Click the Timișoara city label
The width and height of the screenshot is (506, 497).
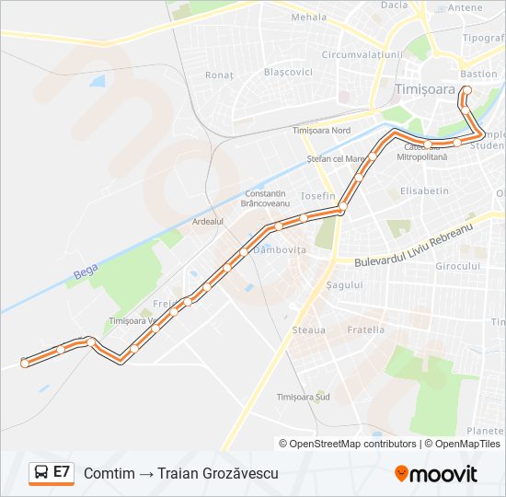pyautogui.click(x=425, y=89)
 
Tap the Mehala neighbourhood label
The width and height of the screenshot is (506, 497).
pyautogui.click(x=308, y=17)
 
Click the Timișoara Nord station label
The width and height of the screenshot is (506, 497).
pyautogui.click(x=321, y=131)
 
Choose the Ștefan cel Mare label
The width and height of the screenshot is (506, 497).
pyautogui.click(x=337, y=158)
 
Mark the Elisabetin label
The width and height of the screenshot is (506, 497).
pyautogui.click(x=424, y=191)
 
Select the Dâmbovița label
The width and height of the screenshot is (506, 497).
pyautogui.click(x=280, y=249)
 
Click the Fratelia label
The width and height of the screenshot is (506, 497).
pyautogui.click(x=366, y=329)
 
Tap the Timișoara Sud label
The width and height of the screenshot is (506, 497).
pyautogui.click(x=303, y=397)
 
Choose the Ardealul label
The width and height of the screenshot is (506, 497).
pyautogui.click(x=207, y=222)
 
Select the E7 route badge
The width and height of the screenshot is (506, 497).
pyautogui.click(x=52, y=473)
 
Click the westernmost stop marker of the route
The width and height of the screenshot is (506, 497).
pyautogui.click(x=25, y=363)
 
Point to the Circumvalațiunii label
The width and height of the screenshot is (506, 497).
pyautogui.click(x=362, y=54)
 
